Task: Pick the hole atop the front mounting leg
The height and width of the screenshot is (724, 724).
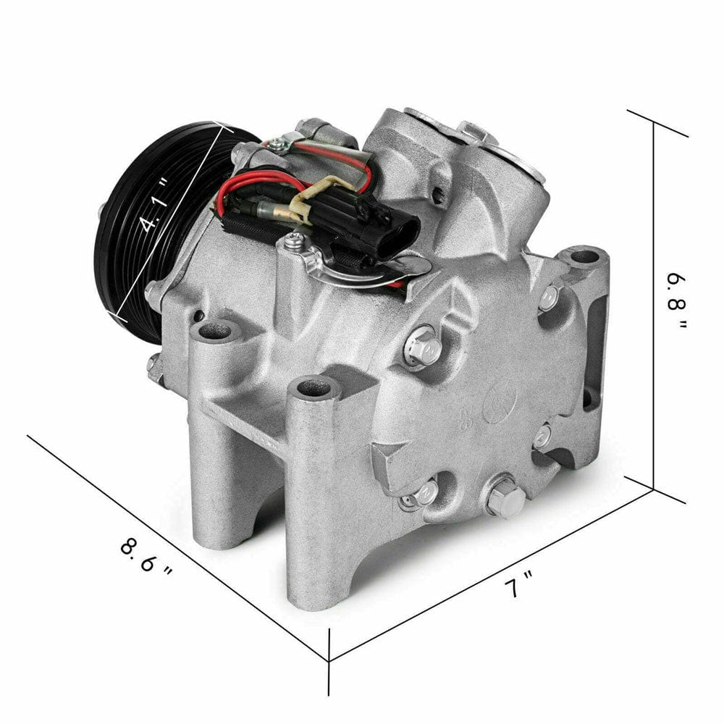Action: [x=313, y=388]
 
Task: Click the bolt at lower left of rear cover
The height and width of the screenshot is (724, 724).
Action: [x=425, y=494]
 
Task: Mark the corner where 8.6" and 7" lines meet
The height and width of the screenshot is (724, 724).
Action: [x=330, y=660]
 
